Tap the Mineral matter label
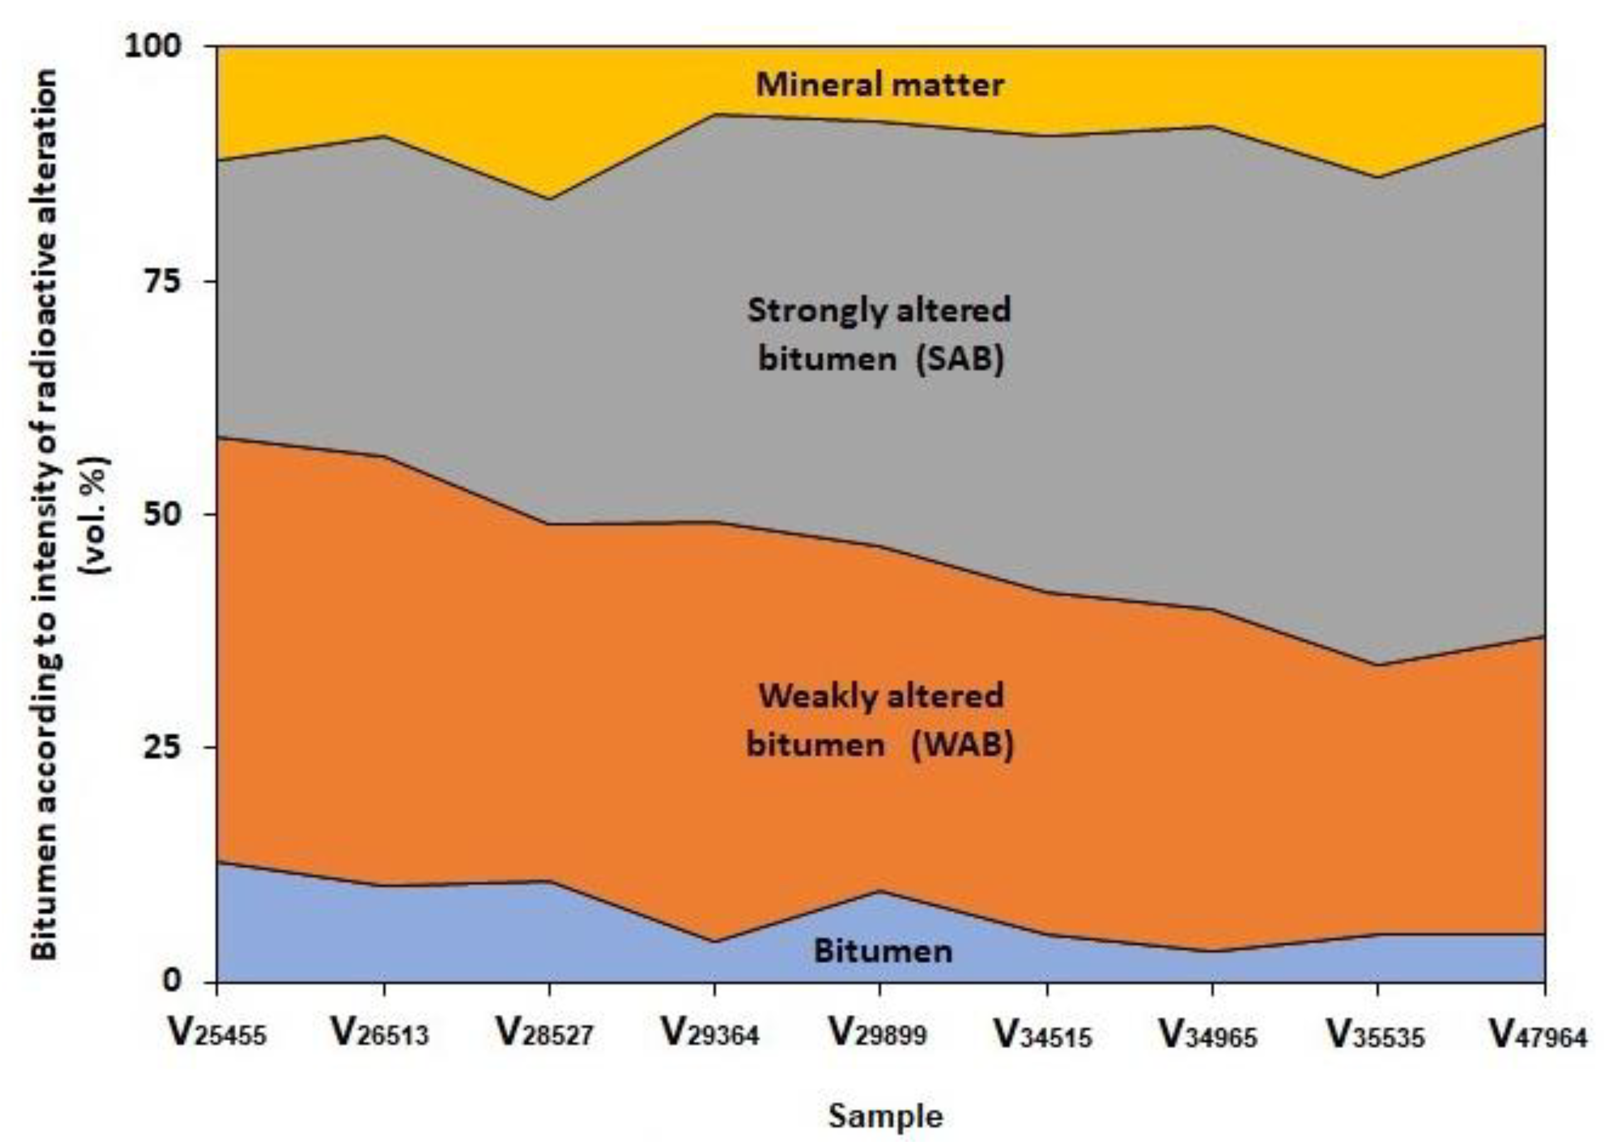(x=880, y=85)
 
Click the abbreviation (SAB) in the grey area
(x=960, y=359)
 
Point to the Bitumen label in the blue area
(x=883, y=951)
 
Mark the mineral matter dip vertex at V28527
(x=549, y=199)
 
